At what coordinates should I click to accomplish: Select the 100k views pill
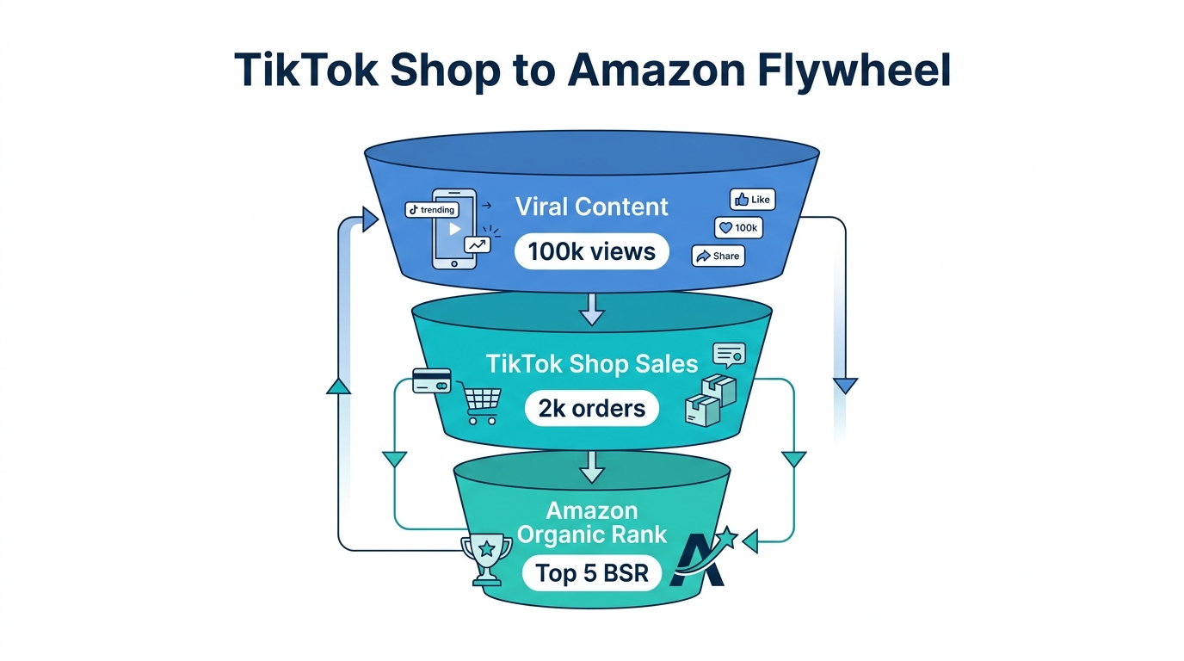point(592,251)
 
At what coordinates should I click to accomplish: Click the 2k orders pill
point(592,408)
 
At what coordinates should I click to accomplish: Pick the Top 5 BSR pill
point(592,573)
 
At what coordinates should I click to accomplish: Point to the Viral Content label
point(592,207)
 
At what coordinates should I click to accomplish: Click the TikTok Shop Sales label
point(592,363)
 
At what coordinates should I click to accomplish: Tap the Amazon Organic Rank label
point(592,522)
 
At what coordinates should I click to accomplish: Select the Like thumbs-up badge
point(752,200)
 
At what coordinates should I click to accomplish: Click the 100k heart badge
point(738,228)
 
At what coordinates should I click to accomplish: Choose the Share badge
point(718,256)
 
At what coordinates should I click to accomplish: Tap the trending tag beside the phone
point(432,210)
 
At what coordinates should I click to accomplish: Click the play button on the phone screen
point(455,229)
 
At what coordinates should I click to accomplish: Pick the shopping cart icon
point(482,405)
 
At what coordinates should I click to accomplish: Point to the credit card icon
point(432,381)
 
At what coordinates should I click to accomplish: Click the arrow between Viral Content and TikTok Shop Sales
point(592,308)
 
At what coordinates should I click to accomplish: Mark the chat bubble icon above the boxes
point(729,355)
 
